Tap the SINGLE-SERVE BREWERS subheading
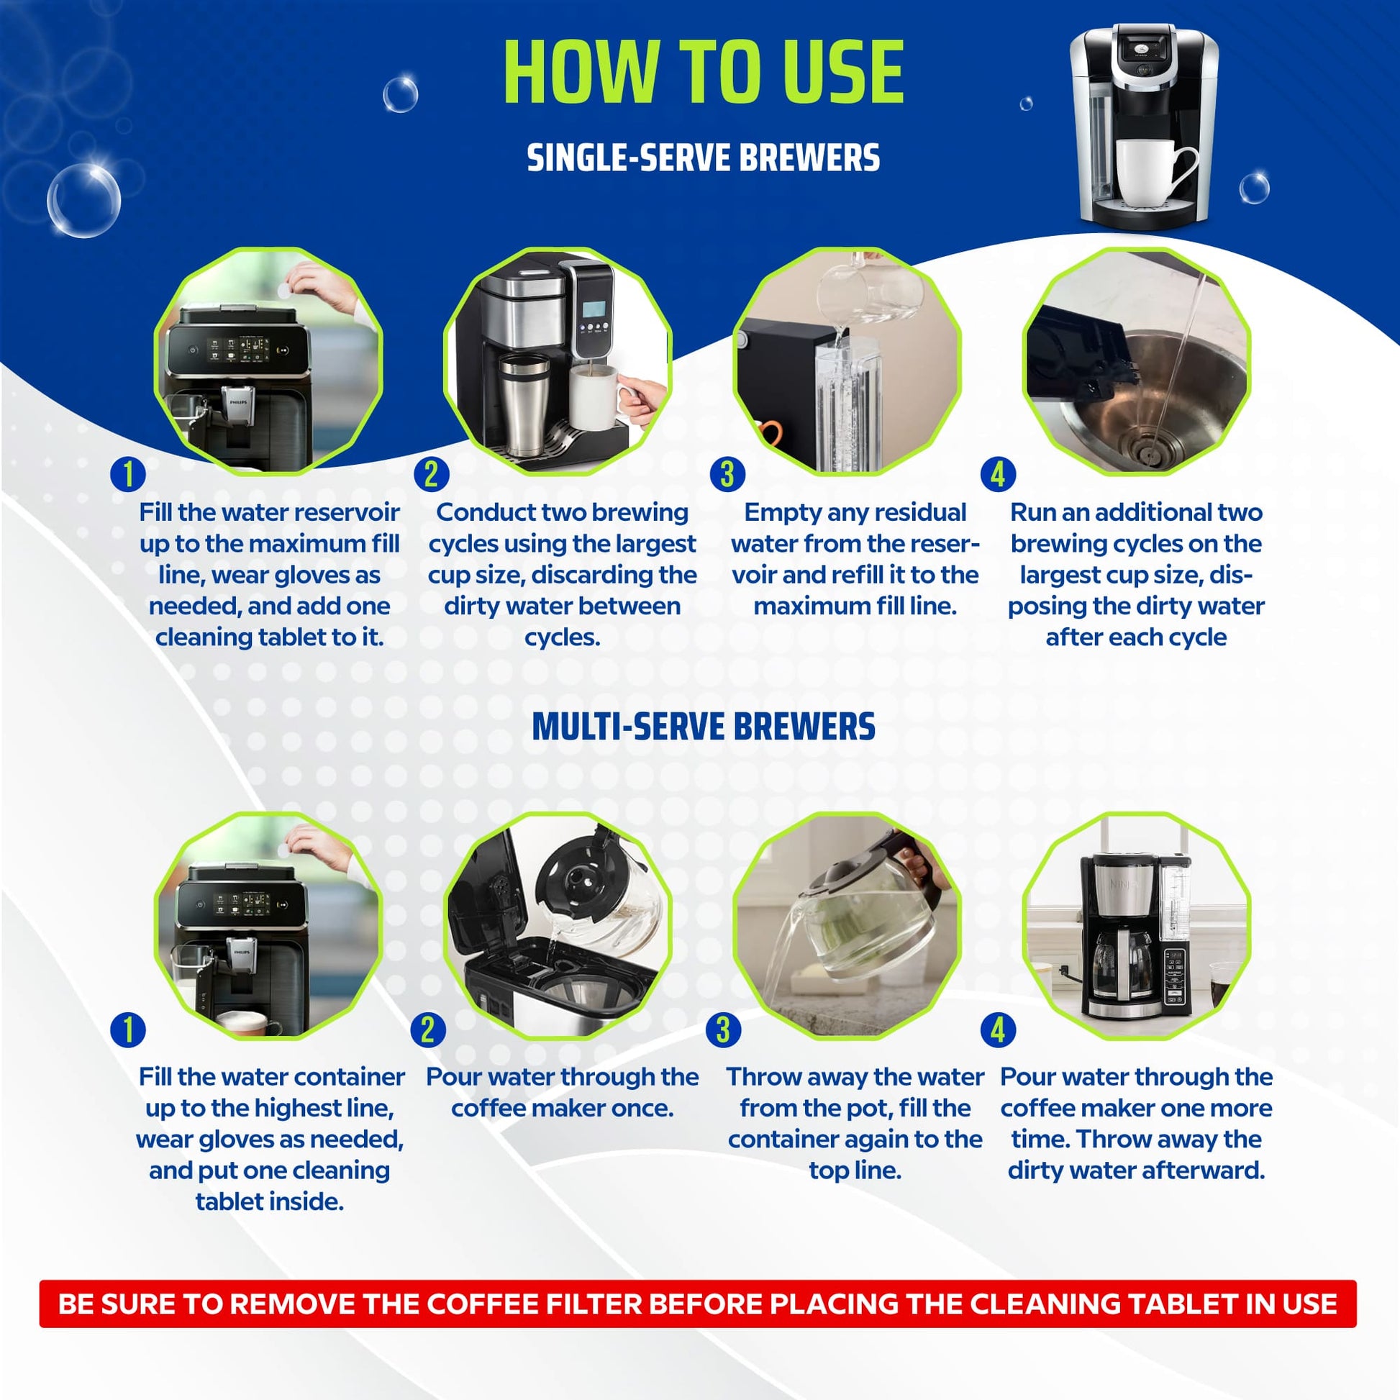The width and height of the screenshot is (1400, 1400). tap(703, 158)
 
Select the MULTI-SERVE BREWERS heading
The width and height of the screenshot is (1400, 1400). tap(703, 727)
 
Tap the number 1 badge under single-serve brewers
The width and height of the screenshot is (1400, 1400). tap(128, 475)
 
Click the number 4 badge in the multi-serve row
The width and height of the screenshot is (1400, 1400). tap(998, 1029)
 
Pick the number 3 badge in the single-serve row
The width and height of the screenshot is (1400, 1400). tap(727, 475)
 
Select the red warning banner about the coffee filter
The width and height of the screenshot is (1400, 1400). tap(697, 1304)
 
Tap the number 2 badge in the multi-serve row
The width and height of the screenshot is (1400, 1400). tap(427, 1029)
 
